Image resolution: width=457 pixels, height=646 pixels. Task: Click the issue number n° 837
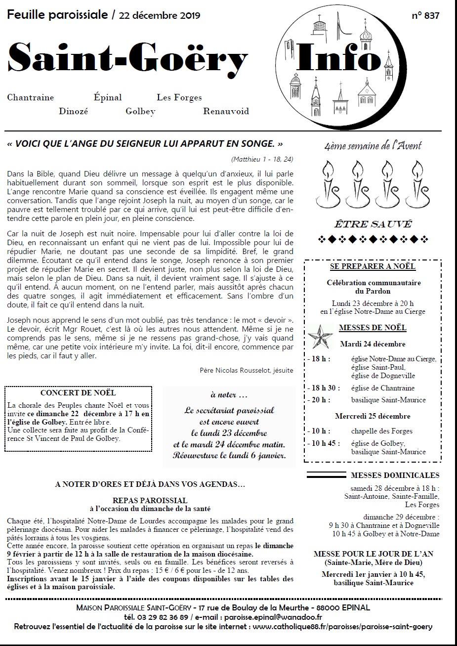coord(425,15)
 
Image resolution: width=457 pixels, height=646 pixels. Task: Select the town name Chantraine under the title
coord(31,97)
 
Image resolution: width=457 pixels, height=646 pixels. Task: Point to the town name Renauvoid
coord(226,111)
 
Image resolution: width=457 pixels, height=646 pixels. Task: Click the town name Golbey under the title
coord(140,111)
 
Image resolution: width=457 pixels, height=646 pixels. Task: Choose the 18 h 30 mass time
coord(323,388)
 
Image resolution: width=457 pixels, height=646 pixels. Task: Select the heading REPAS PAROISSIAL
coord(150,501)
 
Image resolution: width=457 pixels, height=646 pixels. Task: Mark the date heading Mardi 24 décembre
coord(373,344)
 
